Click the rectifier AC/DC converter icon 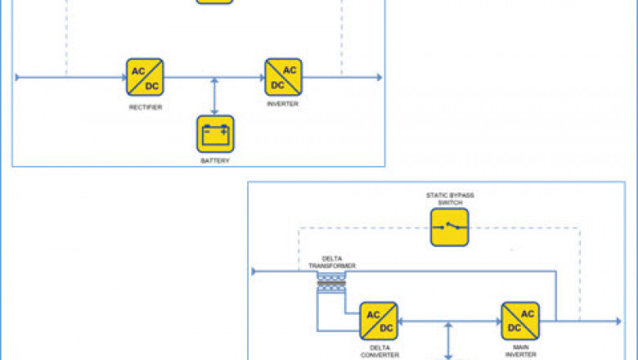point(145,78)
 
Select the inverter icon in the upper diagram point(283,78)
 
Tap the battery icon point(215,133)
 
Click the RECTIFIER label point(145,107)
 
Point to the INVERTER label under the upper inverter point(283,105)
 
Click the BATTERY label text point(215,161)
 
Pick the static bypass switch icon point(450,227)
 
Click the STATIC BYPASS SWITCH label point(450,199)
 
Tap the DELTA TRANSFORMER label point(332,263)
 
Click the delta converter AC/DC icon point(379,321)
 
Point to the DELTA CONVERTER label point(379,351)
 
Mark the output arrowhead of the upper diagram point(378,78)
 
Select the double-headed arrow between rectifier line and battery point(215,96)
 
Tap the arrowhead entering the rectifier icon point(122,78)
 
